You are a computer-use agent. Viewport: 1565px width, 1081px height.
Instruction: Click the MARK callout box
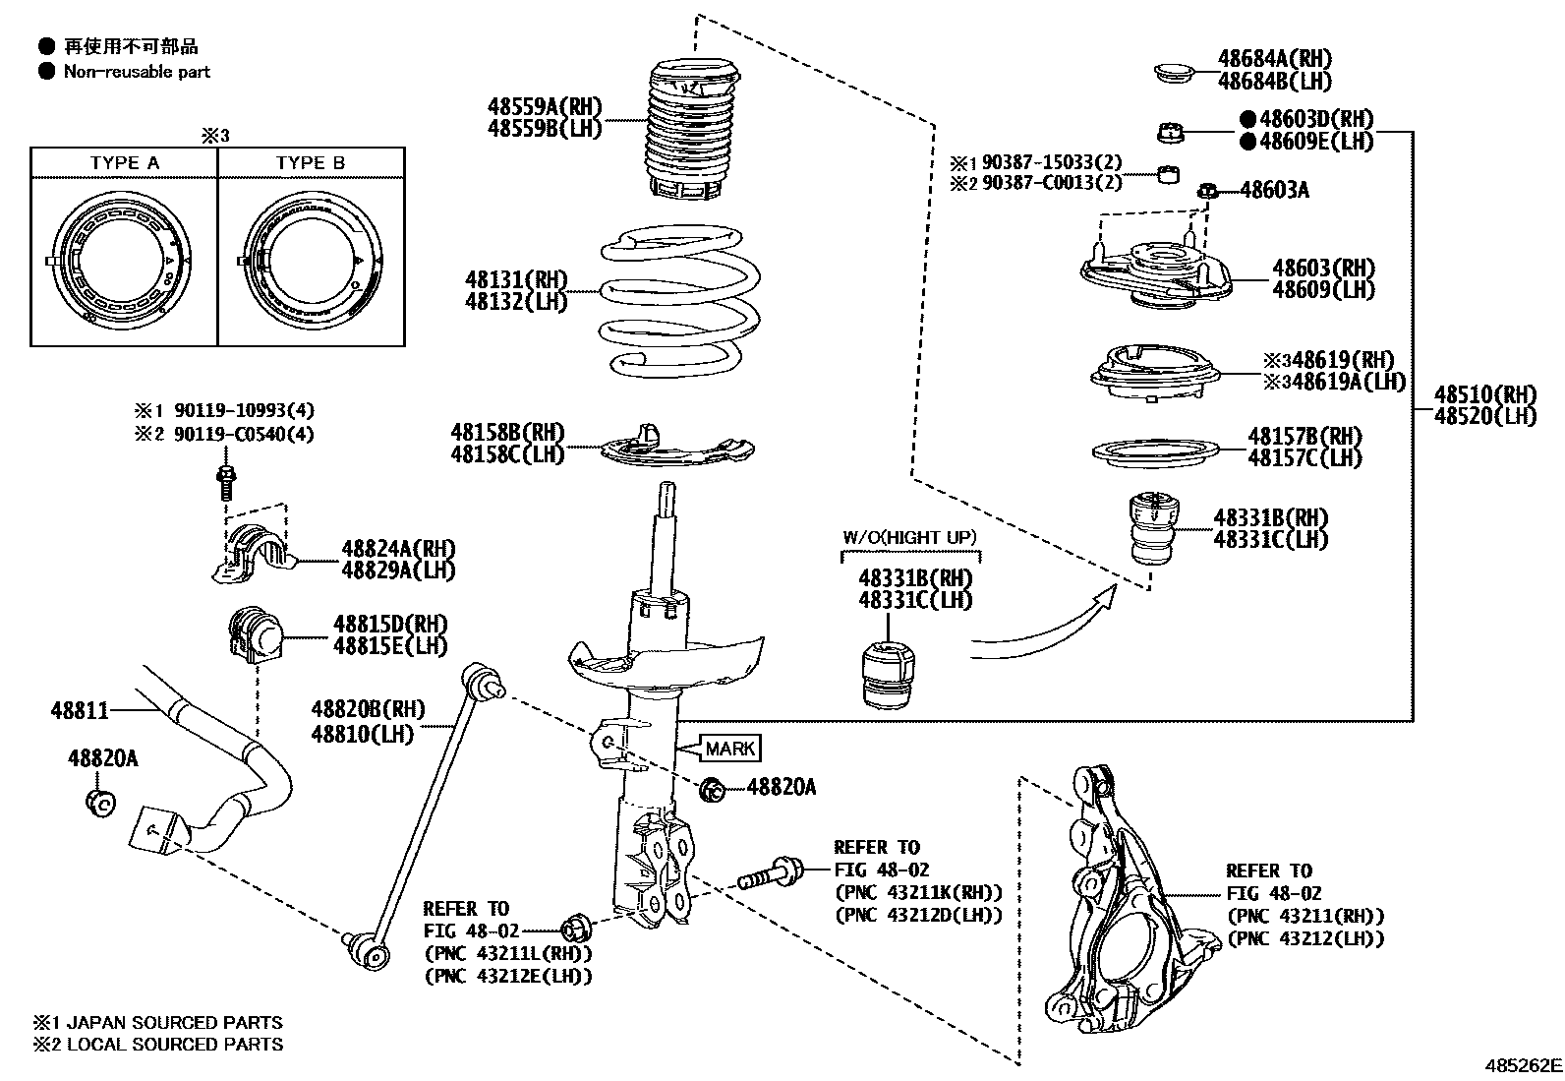(x=729, y=749)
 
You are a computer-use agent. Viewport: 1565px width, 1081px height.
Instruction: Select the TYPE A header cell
(x=124, y=163)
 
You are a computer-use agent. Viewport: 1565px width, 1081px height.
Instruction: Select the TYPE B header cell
(x=311, y=163)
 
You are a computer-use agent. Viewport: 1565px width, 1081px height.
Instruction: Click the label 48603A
(x=1274, y=190)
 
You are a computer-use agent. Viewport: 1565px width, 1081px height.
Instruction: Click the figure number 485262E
(x=1523, y=1065)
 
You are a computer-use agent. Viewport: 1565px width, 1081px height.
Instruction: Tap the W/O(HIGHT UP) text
(x=909, y=537)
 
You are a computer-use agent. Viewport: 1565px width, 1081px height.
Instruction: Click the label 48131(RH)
(x=516, y=280)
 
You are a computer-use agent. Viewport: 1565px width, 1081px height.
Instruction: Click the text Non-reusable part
(x=137, y=72)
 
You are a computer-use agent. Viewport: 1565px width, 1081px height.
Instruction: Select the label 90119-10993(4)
(x=245, y=410)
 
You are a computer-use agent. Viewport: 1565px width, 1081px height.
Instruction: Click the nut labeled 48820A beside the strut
(x=715, y=787)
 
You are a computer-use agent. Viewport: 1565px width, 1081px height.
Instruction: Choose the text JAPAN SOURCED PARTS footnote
(x=174, y=1022)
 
